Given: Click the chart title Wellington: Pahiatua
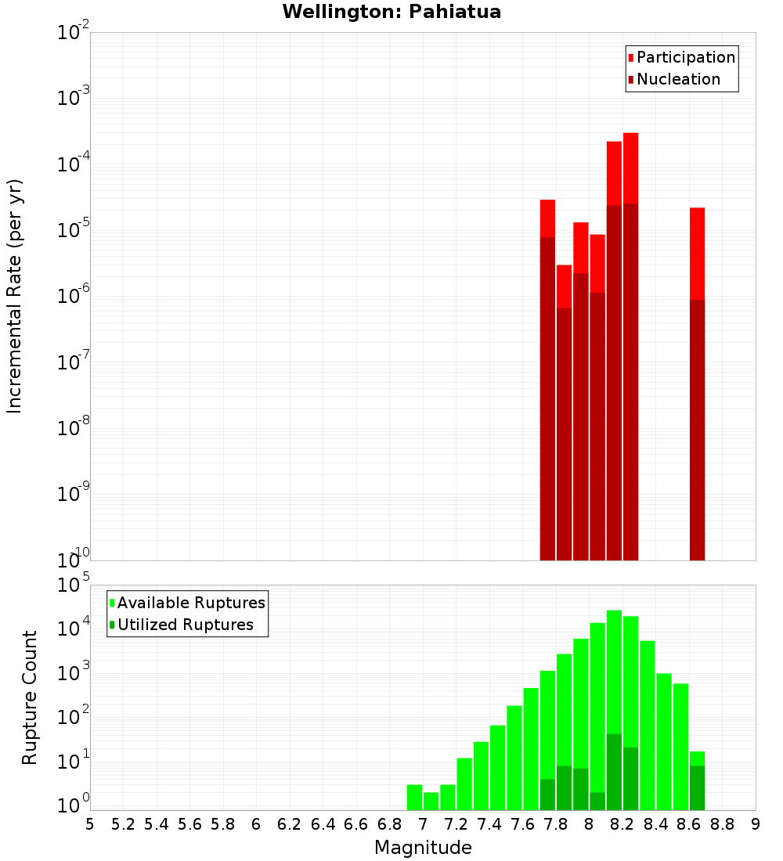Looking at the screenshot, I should (391, 12).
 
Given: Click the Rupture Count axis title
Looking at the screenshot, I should (30, 697).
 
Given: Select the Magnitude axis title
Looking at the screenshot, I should (423, 848).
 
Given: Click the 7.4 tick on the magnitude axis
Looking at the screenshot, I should (489, 824).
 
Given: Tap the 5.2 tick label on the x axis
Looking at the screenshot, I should (124, 824).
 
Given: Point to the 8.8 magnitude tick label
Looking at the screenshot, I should (722, 824).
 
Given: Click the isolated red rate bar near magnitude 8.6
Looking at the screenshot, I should (697, 250).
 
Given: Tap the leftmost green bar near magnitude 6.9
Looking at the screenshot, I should (414, 797).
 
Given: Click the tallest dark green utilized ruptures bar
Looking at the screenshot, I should (614, 771).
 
